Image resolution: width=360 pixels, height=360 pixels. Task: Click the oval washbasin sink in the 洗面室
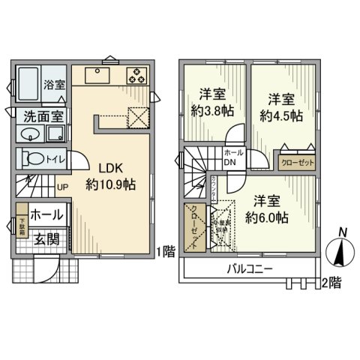(30, 135)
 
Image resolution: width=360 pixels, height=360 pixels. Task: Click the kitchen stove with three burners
(137, 75)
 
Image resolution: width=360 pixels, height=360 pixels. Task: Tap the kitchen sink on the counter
(99, 76)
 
